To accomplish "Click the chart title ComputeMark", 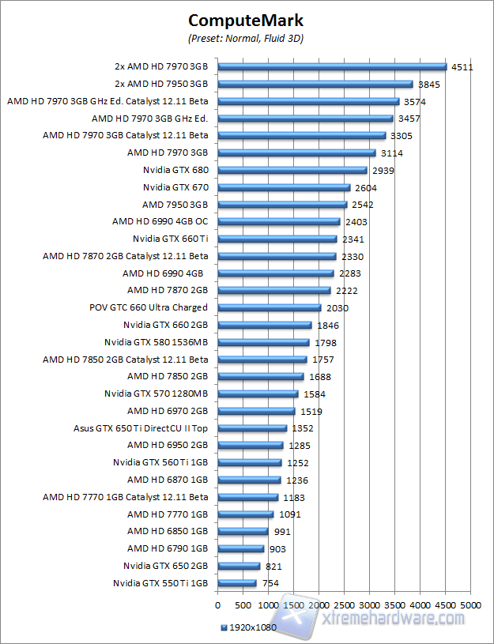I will [x=246, y=21].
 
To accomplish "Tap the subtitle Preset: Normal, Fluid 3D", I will [x=246, y=38].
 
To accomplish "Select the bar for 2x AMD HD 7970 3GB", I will [x=332, y=67].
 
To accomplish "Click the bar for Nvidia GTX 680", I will [x=292, y=170].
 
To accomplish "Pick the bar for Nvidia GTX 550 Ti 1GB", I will [x=236, y=583].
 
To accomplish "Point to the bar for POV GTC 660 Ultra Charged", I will [x=269, y=307].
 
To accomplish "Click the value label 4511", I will [x=462, y=67].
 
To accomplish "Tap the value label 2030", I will [x=338, y=307].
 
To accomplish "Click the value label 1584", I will [x=314, y=394].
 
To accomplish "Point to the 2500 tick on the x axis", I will [x=344, y=605].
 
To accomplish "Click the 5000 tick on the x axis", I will [x=470, y=605].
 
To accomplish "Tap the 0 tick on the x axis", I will [x=217, y=605].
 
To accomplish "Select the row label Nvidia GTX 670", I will [x=175, y=187].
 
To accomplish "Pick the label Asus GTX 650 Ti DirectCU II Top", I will [x=140, y=428].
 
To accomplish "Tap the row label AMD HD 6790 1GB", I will [x=167, y=548].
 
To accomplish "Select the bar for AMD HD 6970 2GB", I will [x=255, y=411].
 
